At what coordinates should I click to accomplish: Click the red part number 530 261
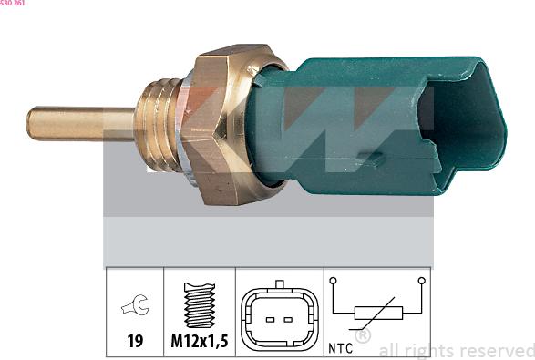(13, 4)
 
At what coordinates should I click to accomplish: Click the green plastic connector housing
(365, 118)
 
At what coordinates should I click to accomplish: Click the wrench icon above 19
(135, 307)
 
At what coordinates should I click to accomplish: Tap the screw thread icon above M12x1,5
(199, 305)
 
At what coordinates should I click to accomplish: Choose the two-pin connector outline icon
(279, 314)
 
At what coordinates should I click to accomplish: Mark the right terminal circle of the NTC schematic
(420, 281)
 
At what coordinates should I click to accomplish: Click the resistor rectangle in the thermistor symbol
(377, 316)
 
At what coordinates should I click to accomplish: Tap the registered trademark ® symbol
(362, 336)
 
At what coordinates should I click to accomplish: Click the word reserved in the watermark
(499, 350)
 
